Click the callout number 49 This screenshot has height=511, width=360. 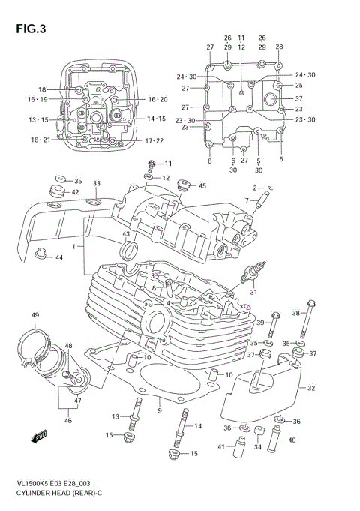tap(35, 314)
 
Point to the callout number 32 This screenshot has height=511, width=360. tap(312, 388)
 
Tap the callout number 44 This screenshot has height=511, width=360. tap(59, 258)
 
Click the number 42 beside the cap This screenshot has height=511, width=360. tap(76, 193)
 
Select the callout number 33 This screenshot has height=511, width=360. tap(97, 184)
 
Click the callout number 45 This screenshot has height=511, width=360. tap(202, 185)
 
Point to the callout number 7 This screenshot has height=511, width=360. tap(245, 201)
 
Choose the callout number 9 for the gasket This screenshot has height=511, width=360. tap(160, 410)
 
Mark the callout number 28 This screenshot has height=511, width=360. tap(279, 47)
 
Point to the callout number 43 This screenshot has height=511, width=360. tap(125, 236)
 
